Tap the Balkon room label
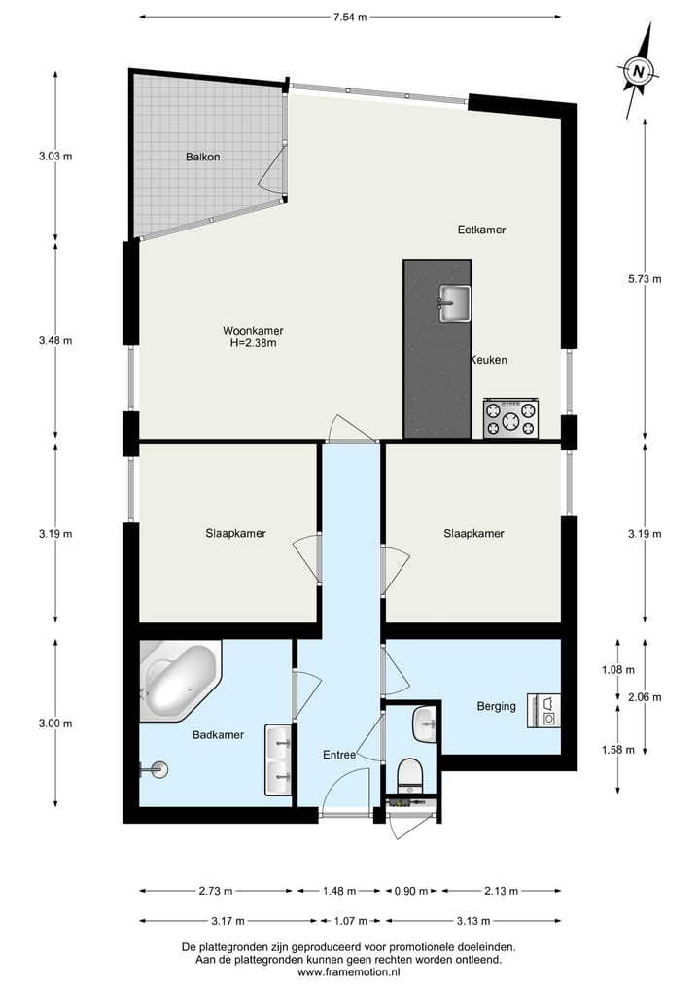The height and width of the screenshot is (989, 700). click(203, 157)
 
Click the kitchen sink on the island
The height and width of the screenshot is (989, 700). click(453, 301)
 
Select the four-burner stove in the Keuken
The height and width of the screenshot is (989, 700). click(510, 419)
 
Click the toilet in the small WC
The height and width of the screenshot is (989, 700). click(410, 776)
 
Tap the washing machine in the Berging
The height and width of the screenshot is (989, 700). click(544, 709)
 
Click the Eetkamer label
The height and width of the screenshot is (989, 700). click(482, 230)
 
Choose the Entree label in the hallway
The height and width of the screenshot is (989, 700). click(340, 755)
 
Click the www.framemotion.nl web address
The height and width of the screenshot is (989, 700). click(349, 971)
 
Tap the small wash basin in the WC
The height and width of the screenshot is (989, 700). click(425, 724)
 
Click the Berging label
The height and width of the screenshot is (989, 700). click(496, 706)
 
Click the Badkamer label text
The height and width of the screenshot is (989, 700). click(217, 735)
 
